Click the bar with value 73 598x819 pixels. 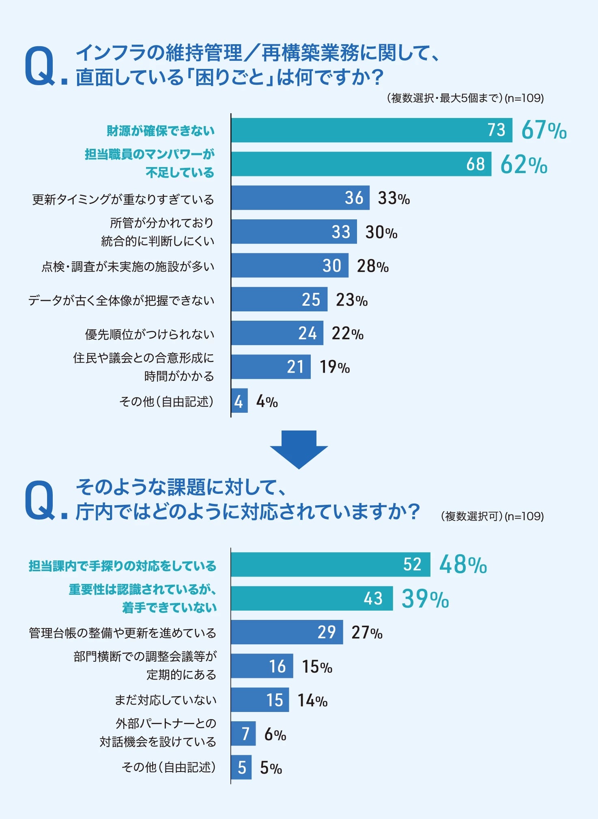371,130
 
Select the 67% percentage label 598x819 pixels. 544,130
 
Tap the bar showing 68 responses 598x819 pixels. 361,164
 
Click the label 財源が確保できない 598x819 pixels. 161,131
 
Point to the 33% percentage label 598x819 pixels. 394,198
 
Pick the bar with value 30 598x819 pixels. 290,266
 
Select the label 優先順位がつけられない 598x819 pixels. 150,334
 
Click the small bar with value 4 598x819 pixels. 239,401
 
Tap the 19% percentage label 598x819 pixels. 334,367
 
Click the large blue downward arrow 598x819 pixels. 299,448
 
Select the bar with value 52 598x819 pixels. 330,564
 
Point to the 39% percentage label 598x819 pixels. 425,599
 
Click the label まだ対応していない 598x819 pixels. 166,700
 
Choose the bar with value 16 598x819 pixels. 262,666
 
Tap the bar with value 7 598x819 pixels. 243,733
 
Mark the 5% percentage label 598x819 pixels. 271,768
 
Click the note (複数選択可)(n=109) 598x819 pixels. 492,516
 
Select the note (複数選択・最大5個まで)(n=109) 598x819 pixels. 465,98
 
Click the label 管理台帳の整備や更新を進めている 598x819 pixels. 123,633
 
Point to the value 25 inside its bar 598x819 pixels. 311,300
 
